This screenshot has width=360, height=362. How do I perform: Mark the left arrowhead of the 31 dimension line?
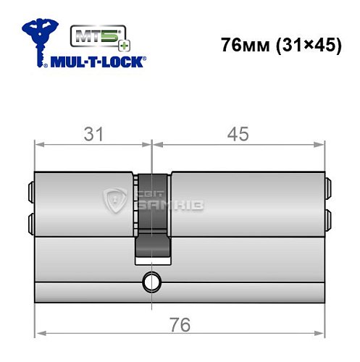38,145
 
